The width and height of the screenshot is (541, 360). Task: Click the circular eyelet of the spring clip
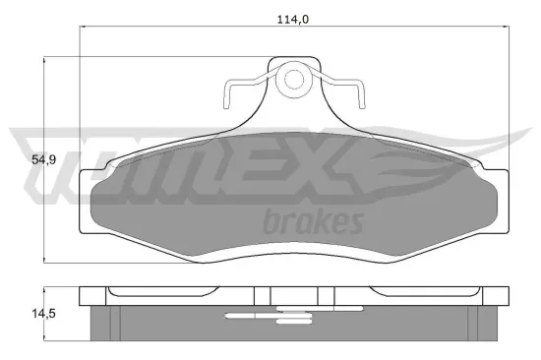292,81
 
